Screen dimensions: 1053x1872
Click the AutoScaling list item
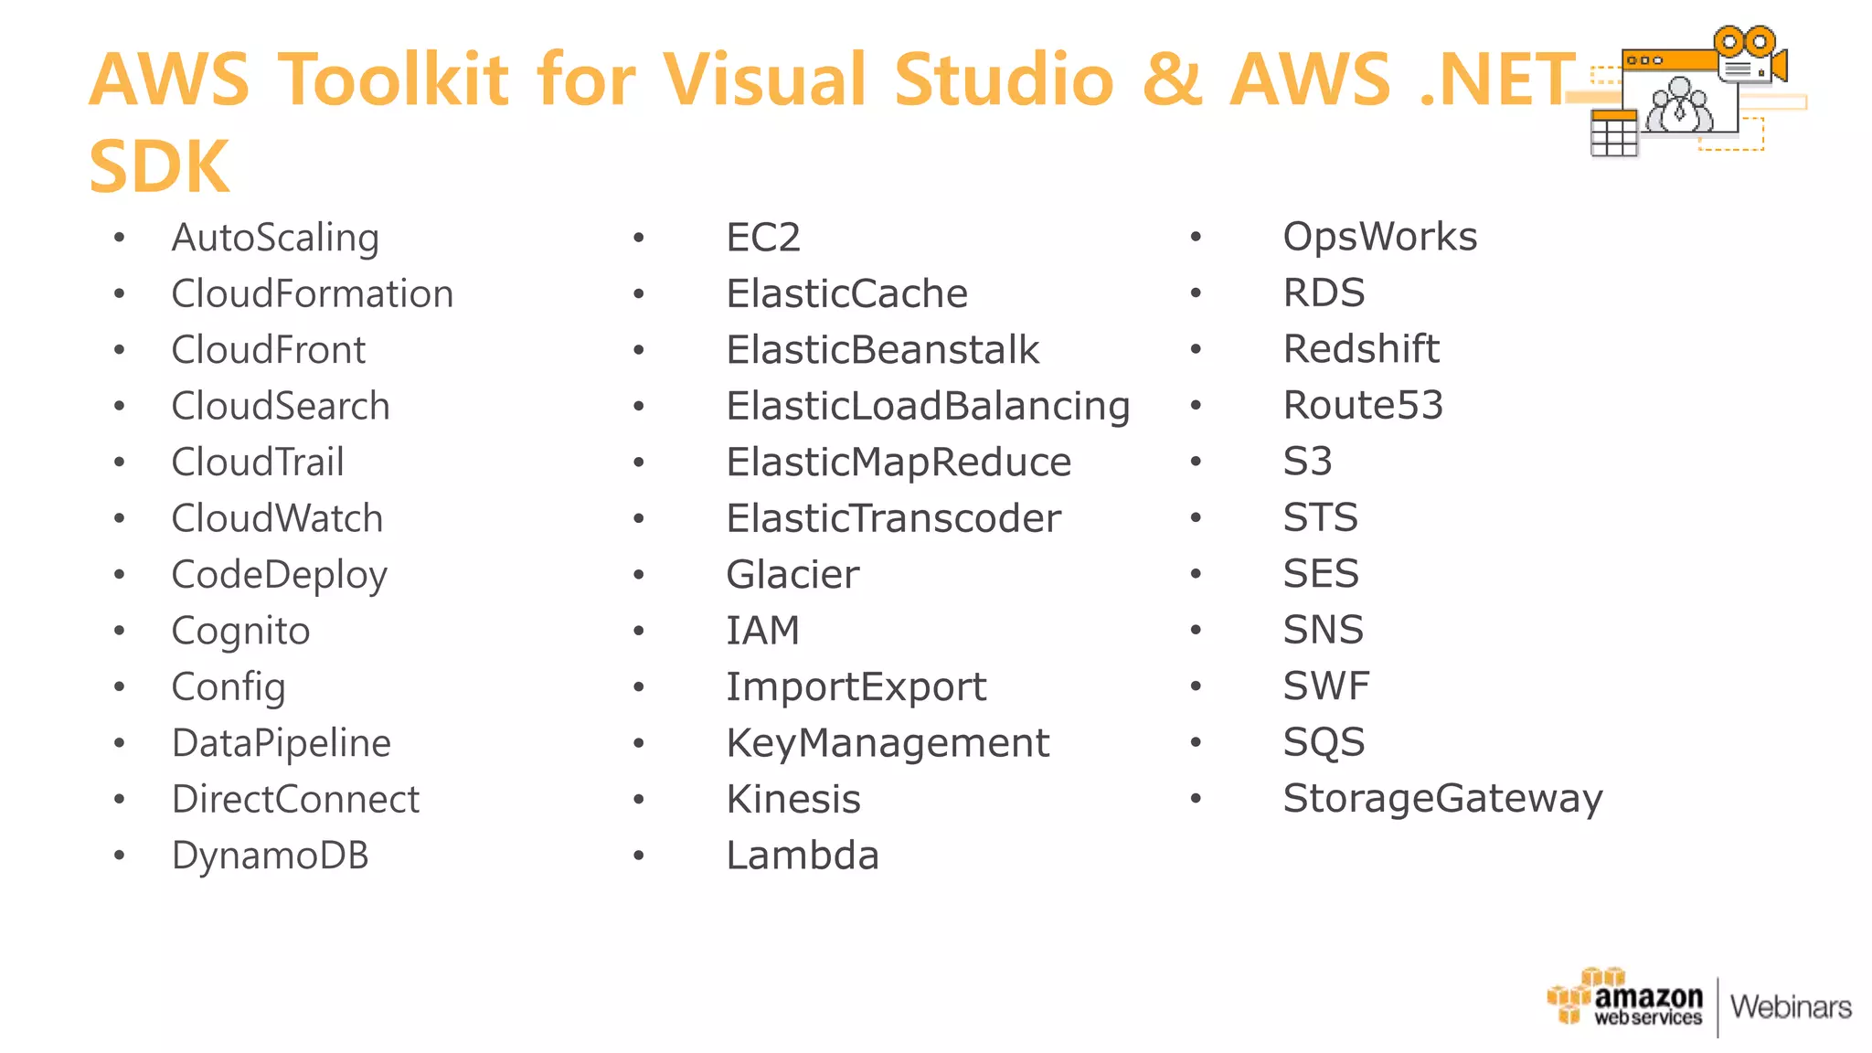(x=275, y=239)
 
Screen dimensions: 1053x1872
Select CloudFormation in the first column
(x=312, y=294)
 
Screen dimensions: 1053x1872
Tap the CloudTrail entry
(x=258, y=463)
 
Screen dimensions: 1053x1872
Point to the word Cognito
(x=240, y=632)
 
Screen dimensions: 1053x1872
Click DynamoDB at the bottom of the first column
(x=270, y=856)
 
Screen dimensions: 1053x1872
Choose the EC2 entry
(x=763, y=239)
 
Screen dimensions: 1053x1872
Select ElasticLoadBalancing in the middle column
(x=928, y=407)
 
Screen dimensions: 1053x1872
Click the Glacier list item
(x=792, y=575)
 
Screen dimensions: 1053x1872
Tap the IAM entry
(x=762, y=632)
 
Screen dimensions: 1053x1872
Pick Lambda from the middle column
(x=803, y=856)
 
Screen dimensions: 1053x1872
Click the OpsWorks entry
(x=1379, y=238)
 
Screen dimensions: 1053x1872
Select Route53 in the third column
(x=1363, y=406)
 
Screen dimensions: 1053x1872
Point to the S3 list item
(x=1307, y=462)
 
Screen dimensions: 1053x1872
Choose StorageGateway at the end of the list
(x=1442, y=799)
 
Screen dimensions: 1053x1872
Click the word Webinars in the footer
(x=1791, y=1007)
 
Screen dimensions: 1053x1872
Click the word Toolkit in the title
(x=393, y=80)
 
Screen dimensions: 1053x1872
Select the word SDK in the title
(x=159, y=167)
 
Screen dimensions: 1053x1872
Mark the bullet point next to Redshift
(x=1196, y=350)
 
